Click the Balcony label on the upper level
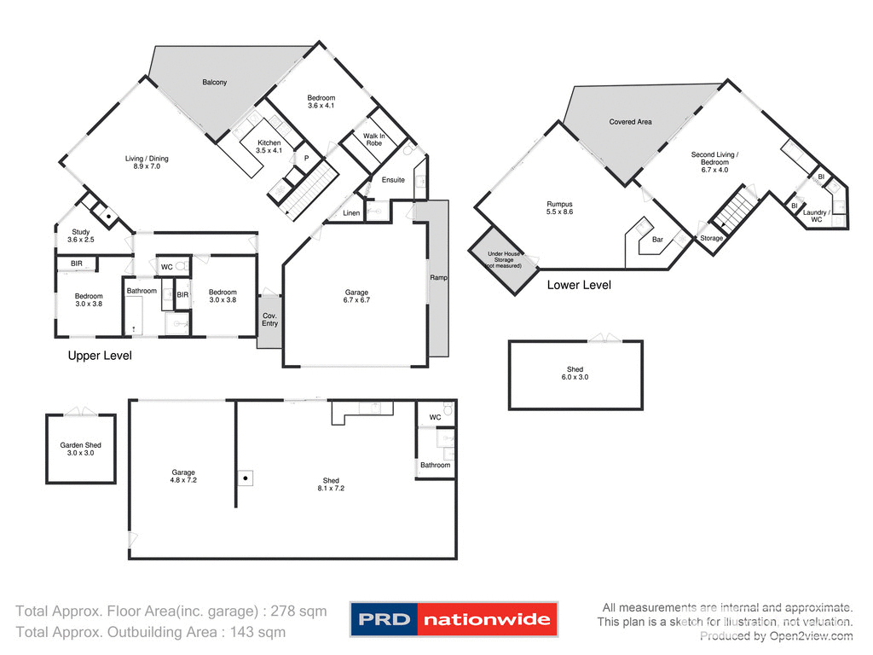214,83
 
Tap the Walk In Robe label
373,140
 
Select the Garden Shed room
80,449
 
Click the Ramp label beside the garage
439,278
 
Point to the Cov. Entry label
269,319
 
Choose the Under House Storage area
503,259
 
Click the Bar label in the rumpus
657,240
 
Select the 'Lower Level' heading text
579,285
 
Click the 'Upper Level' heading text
100,355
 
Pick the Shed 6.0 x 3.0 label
575,373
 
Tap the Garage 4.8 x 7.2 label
183,477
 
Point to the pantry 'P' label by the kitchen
306,158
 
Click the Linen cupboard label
351,212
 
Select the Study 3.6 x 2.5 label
81,236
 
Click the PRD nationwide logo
454,619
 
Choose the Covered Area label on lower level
630,122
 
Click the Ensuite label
393,180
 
